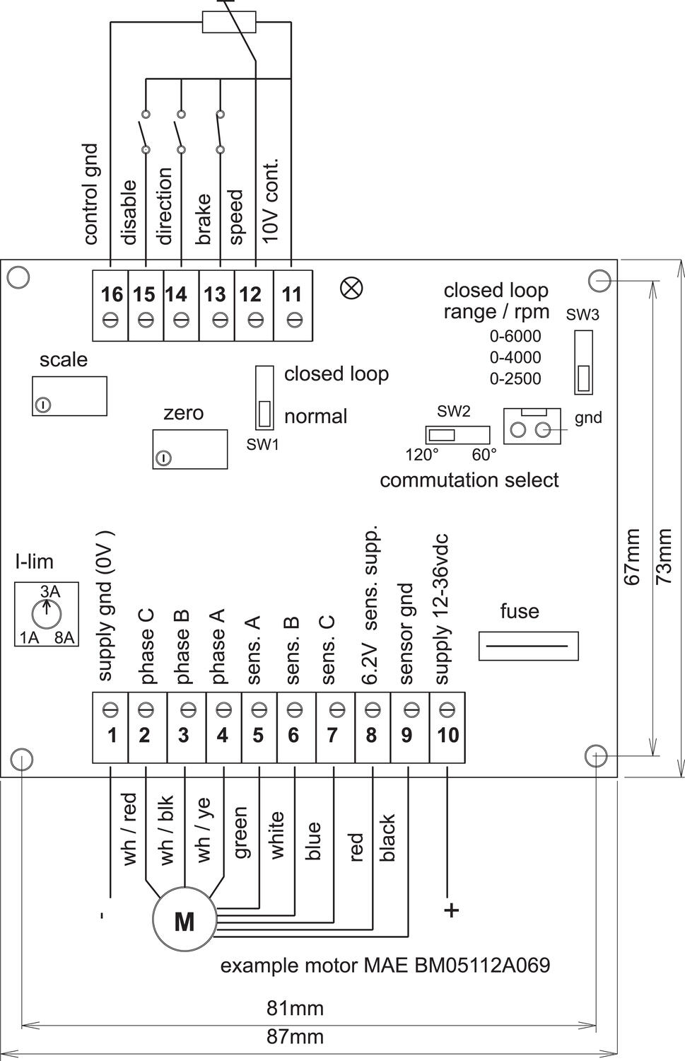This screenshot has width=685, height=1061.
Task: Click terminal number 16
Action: pos(111,294)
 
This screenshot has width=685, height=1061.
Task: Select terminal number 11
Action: pos(292,294)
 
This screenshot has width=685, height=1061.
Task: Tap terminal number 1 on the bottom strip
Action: pos(112,735)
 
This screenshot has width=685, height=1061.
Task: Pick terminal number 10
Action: pos(447,735)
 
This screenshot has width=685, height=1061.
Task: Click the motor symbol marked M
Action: pos(184,921)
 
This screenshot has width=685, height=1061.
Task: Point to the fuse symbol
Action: pos(529,646)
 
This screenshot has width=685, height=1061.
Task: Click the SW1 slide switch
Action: pos(264,397)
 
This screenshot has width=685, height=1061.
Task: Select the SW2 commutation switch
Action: pos(457,434)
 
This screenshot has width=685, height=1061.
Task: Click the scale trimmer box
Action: pos(69,396)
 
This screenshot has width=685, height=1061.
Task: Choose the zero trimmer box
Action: pos(189,448)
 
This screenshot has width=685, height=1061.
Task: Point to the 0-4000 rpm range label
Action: pos(515,357)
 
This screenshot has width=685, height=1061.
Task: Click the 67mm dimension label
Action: pos(633,557)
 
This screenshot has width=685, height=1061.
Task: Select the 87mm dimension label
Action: pos(295,1037)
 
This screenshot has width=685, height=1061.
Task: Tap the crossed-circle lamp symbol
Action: pos(351,287)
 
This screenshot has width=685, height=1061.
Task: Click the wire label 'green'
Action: pos(240,833)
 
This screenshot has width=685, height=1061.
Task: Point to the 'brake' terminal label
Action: pos(204,219)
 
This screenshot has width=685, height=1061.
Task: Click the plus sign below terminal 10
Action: pos(451,910)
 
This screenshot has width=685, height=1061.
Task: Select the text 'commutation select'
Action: pos(469,480)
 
